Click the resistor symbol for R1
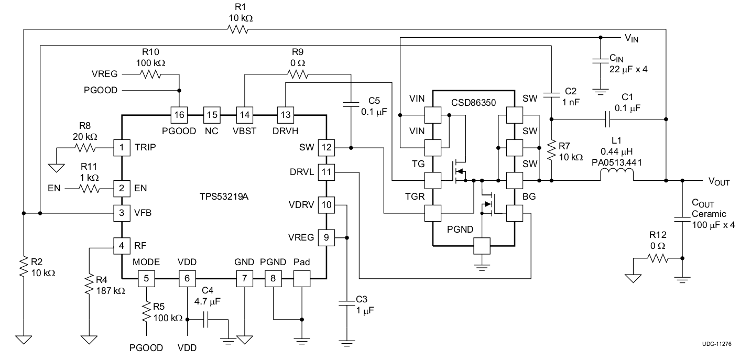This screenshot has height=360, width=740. click(237, 30)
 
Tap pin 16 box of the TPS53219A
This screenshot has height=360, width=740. click(179, 114)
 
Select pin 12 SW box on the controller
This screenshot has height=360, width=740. click(327, 148)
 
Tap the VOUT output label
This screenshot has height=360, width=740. click(719, 181)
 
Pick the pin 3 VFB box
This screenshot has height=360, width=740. click(122, 213)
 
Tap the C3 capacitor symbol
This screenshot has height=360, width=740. click(346, 303)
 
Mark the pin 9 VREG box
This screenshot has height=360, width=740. click(327, 238)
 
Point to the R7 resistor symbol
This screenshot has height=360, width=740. click(551, 150)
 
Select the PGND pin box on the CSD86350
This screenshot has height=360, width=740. click(481, 246)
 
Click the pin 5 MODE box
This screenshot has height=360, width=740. click(146, 279)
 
